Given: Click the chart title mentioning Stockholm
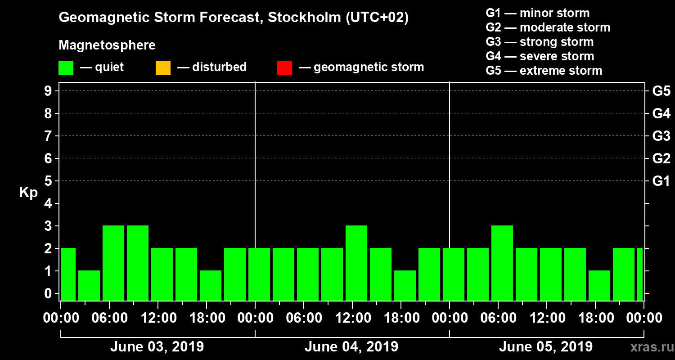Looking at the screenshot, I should click(x=234, y=18).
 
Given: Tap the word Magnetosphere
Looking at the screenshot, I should click(x=107, y=45).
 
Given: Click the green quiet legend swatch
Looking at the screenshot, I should click(x=66, y=68).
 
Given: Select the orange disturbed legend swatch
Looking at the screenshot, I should click(x=163, y=68).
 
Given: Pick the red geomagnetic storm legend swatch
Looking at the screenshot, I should click(x=284, y=68).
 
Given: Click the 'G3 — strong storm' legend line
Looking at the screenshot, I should click(x=540, y=42).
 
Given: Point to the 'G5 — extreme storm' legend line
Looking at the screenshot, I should click(x=544, y=71).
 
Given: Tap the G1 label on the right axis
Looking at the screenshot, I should click(x=661, y=181).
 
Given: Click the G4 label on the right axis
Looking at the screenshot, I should click(x=661, y=113).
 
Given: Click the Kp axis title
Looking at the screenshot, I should click(x=28, y=193).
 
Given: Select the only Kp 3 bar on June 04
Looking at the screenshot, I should click(x=356, y=263).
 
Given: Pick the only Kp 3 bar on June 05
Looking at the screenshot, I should click(x=502, y=263).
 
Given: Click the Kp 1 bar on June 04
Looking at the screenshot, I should click(x=405, y=285).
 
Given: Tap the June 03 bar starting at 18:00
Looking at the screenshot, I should click(x=211, y=285).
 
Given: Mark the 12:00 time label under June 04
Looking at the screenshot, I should click(x=352, y=318).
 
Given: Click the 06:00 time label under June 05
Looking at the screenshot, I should click(x=498, y=318).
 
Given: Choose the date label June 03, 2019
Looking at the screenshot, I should click(x=157, y=347).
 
